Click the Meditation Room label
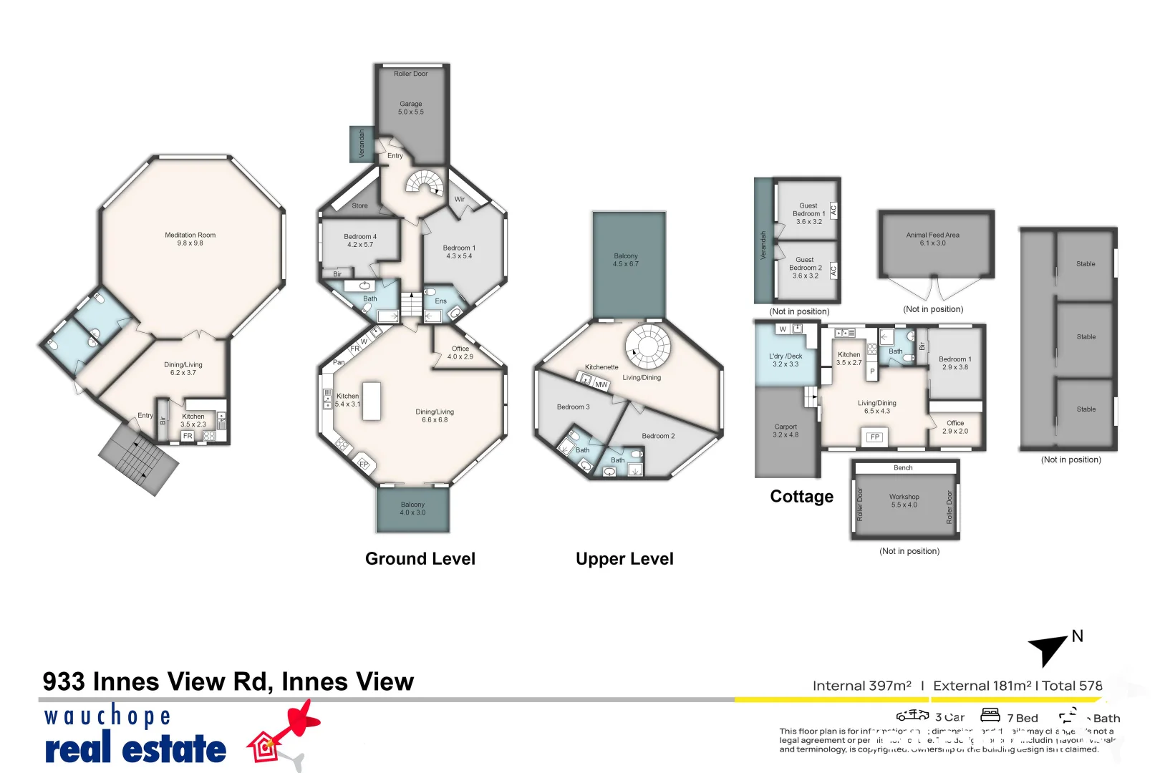pos(190,239)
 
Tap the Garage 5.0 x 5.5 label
pos(411,108)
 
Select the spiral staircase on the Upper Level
pos(648,345)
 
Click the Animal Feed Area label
pos(932,239)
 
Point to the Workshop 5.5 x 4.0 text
pos(904,501)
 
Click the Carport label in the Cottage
pos(786,431)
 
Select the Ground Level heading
pos(420,559)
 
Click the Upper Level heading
pos(624,559)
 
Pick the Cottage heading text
pos(801,497)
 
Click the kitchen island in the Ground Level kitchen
pos(371,401)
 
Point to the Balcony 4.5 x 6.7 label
pos(625,260)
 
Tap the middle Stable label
pos(1086,337)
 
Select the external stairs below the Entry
pos(139,458)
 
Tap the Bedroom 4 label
pos(360,240)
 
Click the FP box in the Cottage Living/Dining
pos(874,437)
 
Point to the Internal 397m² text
pos(861,686)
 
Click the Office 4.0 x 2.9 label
pos(460,353)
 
